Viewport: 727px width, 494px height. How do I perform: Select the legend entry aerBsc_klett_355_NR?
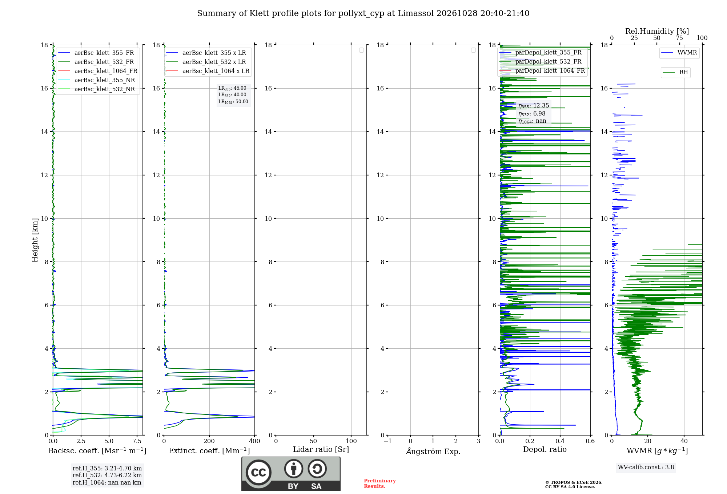[96, 80]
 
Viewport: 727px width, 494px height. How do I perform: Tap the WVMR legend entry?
[679, 53]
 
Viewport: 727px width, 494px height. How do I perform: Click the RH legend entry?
[675, 72]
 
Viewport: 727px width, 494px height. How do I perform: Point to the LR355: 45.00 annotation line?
[232, 88]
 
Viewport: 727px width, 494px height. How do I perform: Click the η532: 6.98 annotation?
[532, 114]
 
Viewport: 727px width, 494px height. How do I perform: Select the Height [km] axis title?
[35, 240]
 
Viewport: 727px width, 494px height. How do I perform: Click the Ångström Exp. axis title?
[433, 451]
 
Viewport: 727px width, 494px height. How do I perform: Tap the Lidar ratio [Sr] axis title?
[321, 450]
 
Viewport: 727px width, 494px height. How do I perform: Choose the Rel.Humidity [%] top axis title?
[657, 31]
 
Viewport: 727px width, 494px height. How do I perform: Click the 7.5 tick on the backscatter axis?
[137, 441]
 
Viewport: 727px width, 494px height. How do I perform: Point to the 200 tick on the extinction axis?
[209, 441]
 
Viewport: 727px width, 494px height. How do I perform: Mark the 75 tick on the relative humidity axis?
[679, 38]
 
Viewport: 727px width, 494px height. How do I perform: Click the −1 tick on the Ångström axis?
[388, 441]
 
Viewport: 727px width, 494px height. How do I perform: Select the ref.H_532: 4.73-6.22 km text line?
[107, 475]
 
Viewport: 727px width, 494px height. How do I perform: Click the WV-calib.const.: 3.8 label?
[646, 467]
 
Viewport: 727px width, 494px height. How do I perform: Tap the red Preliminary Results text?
[380, 483]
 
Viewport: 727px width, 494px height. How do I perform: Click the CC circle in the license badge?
[258, 472]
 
